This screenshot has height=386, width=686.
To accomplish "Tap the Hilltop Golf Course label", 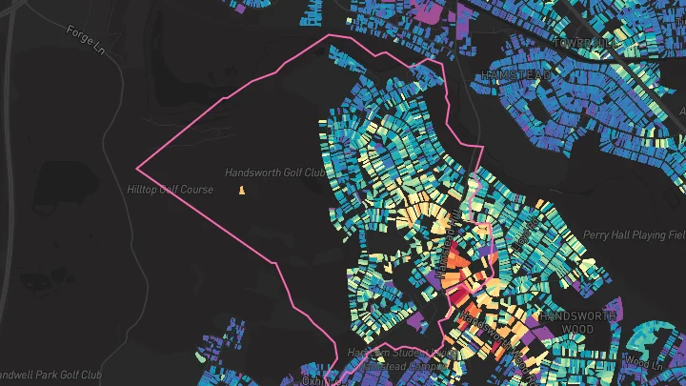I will click(171, 190).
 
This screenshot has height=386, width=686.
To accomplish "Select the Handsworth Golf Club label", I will click(275, 173).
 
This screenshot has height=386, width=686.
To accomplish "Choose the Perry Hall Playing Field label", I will click(634, 234).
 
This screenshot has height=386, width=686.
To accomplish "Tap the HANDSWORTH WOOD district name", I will click(573, 321).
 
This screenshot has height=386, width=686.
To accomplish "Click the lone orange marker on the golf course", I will click(242, 191).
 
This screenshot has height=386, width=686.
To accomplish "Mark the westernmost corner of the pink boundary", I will click(137, 168).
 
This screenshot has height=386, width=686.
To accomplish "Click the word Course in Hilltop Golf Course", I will click(197, 190).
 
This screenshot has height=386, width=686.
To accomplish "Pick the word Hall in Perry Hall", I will click(622, 234).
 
